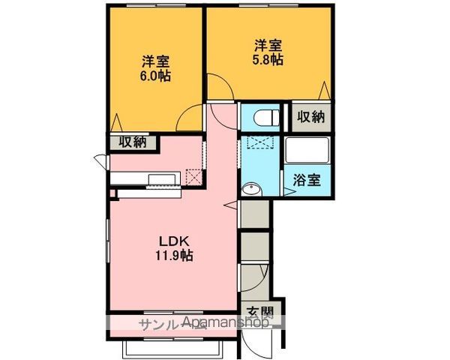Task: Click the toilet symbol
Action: pyautogui.click(x=265, y=118)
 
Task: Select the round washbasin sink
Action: pyautogui.click(x=250, y=188)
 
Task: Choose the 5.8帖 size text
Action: pyautogui.click(x=268, y=60)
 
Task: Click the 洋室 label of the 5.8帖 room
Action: pyautogui.click(x=268, y=44)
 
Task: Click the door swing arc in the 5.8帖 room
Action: pyautogui.click(x=219, y=88)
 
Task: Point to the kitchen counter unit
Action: pyautogui.click(x=145, y=179)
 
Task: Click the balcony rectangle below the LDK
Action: pyautogui.click(x=172, y=347)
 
